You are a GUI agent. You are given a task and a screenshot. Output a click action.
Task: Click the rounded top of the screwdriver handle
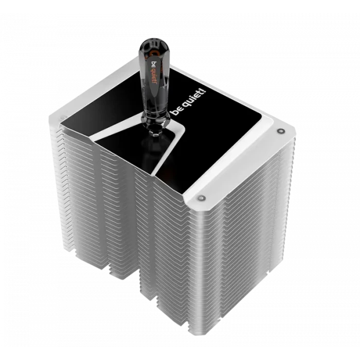pos(154,44)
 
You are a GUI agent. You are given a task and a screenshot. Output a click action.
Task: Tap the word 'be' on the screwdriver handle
pos(154,64)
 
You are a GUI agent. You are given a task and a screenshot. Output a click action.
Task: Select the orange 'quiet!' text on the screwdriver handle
pos(155,76)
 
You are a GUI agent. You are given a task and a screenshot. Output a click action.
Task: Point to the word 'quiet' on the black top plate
pos(191,101)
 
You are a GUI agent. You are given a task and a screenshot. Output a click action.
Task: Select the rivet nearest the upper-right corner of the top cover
pos(280,131)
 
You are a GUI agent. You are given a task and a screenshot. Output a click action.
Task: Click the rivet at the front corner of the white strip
pos(202,197)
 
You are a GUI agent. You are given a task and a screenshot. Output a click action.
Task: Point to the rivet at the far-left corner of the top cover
pos(62,119)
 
